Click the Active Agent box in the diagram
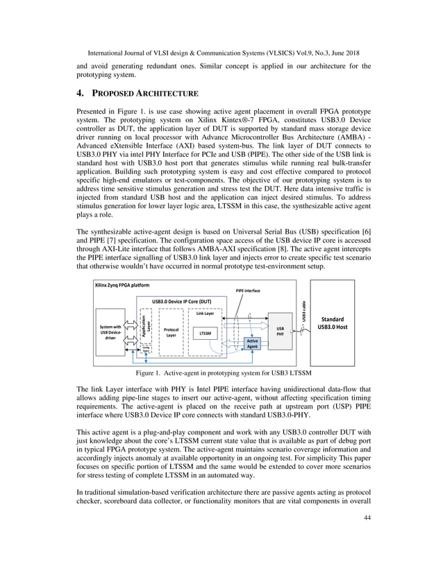[253, 344]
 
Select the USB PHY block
[281, 332]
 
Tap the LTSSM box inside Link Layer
[205, 334]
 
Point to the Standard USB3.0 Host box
[332, 323]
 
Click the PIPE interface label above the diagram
[247, 290]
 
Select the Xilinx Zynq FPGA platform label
[122, 285]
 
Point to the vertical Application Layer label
[144, 327]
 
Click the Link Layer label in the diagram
[205, 313]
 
